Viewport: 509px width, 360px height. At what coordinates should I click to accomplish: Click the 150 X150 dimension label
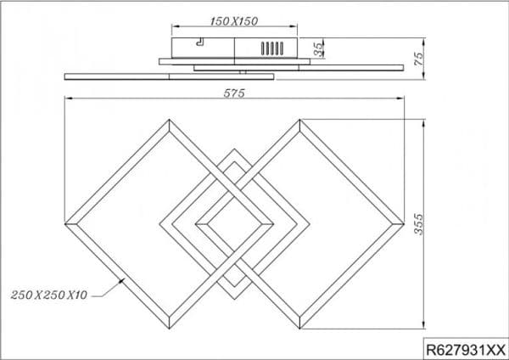[x=234, y=21]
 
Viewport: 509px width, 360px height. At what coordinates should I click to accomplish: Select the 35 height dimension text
[x=319, y=48]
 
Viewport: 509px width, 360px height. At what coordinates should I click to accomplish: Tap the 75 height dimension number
[x=419, y=59]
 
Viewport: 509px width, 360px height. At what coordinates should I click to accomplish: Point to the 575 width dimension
[x=234, y=93]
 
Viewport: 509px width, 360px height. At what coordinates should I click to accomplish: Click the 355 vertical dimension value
[x=419, y=224]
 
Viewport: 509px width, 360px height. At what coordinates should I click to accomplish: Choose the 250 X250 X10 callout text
[x=49, y=295]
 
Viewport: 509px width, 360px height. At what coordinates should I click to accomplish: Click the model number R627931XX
[x=466, y=351]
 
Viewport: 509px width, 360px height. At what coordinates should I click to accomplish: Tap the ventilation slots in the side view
[x=272, y=48]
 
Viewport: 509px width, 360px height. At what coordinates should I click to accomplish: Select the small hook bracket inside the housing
[x=200, y=42]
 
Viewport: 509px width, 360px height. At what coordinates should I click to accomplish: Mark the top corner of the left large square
[x=169, y=120]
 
